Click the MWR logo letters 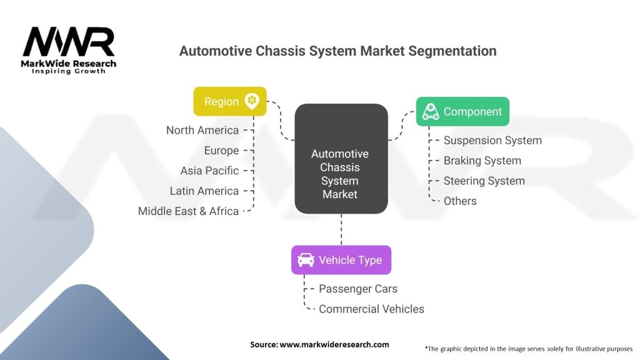[x=69, y=42]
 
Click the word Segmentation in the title [x=452, y=51]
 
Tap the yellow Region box [x=230, y=101]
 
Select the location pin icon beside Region [x=252, y=101]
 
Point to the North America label [x=202, y=130]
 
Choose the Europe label [x=222, y=151]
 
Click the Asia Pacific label [x=210, y=171]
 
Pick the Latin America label [x=204, y=191]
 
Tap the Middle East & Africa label [x=188, y=211]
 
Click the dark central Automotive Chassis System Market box [x=341, y=159]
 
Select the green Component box [x=462, y=111]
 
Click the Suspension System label [x=492, y=141]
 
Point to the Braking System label [x=482, y=161]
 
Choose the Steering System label [x=484, y=181]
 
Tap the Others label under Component [x=460, y=201]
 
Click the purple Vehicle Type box [x=341, y=260]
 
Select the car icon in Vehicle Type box [x=306, y=260]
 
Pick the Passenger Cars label [x=358, y=289]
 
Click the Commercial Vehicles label [x=371, y=309]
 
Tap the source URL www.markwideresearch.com [x=334, y=344]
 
